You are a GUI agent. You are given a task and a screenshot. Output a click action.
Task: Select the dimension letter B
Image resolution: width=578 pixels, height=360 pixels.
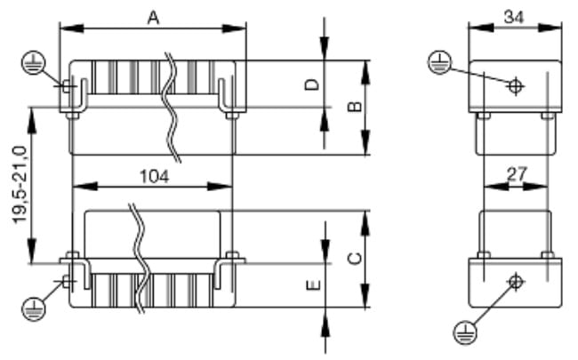click(353, 108)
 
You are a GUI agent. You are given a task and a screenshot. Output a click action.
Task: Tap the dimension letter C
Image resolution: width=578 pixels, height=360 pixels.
click(353, 258)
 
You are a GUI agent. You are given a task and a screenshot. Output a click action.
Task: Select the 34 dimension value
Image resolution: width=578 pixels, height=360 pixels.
click(513, 15)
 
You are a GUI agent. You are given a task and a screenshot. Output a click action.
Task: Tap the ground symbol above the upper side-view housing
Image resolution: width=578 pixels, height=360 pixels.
click(438, 62)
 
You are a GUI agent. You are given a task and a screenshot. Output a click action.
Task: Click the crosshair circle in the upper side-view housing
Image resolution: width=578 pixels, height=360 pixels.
click(514, 86)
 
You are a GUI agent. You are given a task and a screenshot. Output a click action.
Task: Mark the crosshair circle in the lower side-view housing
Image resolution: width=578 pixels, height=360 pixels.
click(514, 283)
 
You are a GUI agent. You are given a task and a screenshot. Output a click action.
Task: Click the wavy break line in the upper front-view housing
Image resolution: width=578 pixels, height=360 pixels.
click(170, 107)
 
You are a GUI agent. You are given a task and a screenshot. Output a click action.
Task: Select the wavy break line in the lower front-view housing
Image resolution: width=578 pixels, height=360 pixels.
click(140, 258)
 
